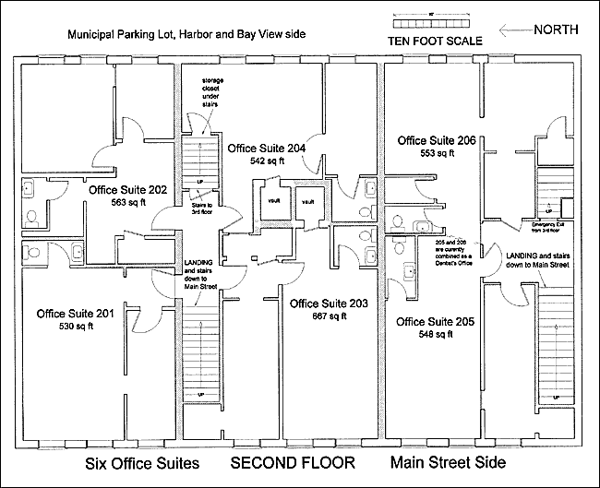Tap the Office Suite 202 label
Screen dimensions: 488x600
[127, 190]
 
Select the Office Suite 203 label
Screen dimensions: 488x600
[329, 304]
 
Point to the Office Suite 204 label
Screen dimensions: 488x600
[266, 148]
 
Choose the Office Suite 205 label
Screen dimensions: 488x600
[436, 322]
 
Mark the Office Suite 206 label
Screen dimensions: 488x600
[437, 140]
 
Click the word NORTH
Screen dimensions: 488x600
[557, 30]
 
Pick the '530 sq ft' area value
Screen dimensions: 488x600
[76, 327]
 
